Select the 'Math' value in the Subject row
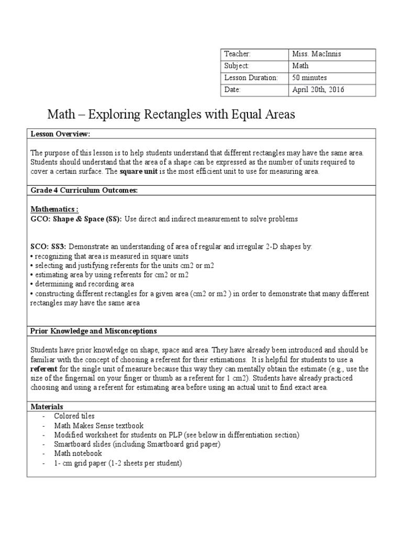click(x=300, y=66)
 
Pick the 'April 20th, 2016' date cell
click(x=318, y=90)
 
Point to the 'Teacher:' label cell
click(x=237, y=54)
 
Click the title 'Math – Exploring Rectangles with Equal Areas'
click(x=171, y=114)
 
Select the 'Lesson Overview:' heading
click(x=60, y=135)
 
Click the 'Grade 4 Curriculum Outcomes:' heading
click(x=84, y=191)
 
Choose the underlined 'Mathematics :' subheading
click(x=54, y=209)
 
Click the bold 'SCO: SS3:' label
click(x=49, y=247)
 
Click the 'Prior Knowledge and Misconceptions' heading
click(x=93, y=331)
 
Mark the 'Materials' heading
click(x=47, y=406)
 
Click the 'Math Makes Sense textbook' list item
click(x=98, y=426)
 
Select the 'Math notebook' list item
click(x=78, y=453)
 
